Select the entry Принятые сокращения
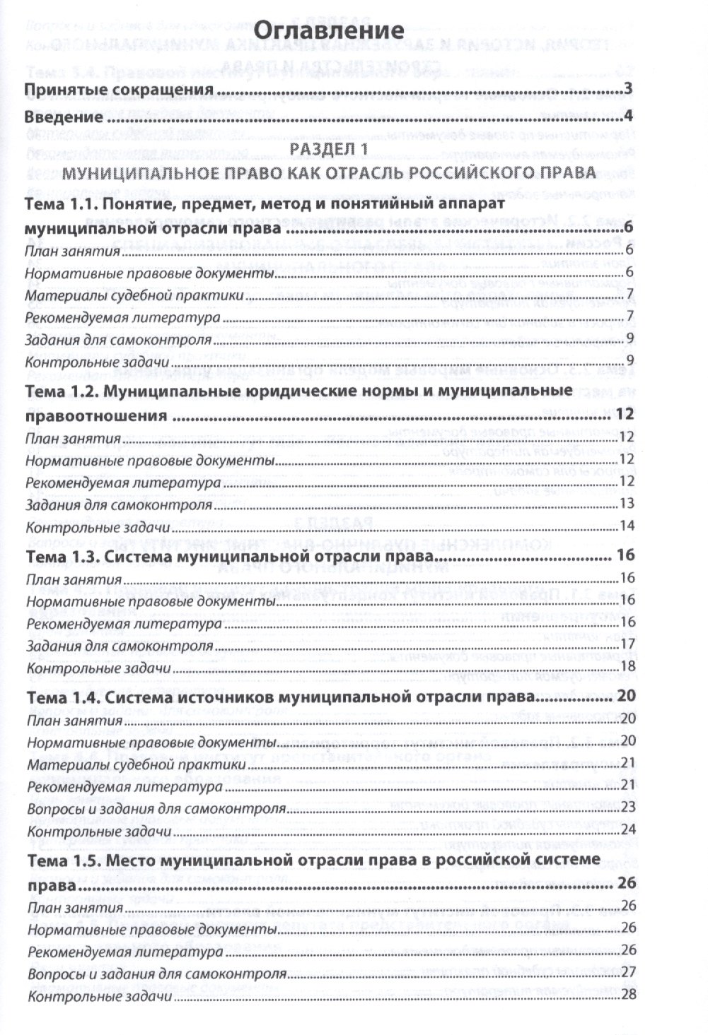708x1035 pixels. click(119, 90)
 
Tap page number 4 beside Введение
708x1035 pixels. click(627, 115)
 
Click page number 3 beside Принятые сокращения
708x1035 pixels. click(627, 90)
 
